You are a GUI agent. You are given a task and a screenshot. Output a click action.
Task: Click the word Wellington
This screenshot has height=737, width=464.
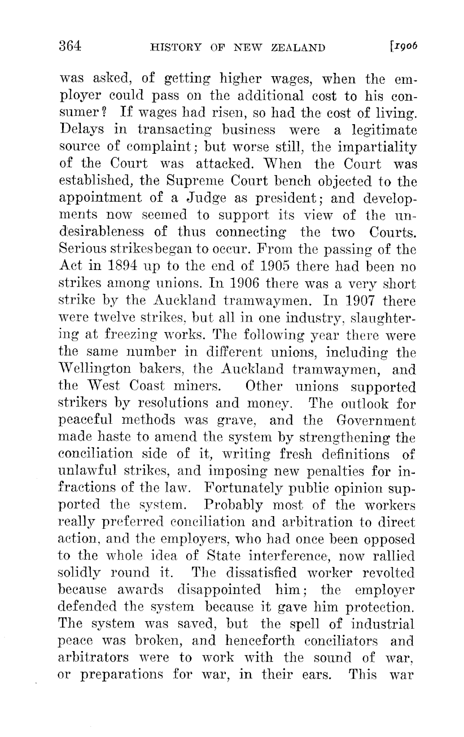(98, 369)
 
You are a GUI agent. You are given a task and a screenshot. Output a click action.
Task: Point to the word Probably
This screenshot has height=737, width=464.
(234, 505)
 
